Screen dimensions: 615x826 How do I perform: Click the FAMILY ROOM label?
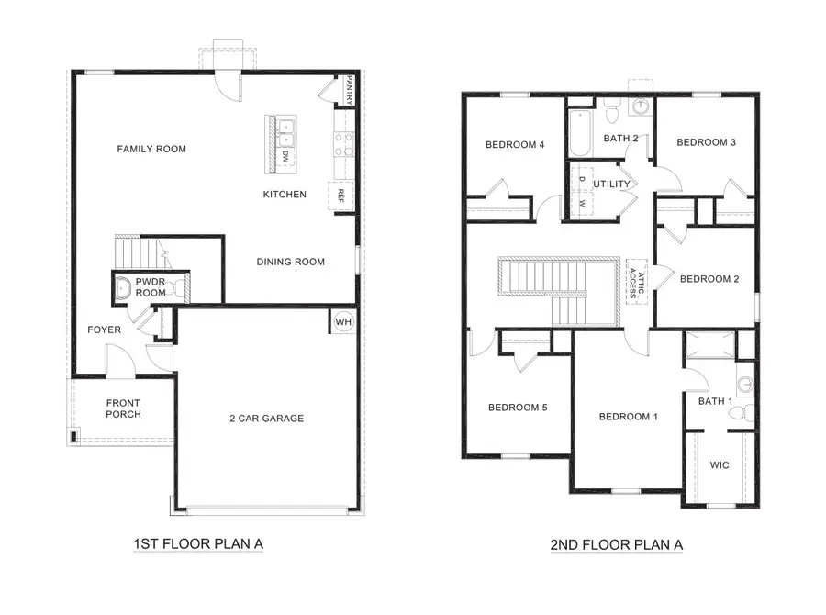151,149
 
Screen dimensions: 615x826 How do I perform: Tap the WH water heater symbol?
342,322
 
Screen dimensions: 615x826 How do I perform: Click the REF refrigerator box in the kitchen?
341,196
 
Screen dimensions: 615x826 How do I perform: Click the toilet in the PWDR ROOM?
121,287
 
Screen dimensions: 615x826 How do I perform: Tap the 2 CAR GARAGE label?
266,419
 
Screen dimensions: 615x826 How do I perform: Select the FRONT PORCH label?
123,408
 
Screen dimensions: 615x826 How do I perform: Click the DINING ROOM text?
290,262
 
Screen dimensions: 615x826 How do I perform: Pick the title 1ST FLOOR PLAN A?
198,544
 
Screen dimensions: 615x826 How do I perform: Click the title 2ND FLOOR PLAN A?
616,545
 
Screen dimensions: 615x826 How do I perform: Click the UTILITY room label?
611,184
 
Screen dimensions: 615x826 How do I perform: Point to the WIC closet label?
720,465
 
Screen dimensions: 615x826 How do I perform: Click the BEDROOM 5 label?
518,408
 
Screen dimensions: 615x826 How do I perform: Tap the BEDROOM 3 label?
707,142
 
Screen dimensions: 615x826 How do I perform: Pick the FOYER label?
104,330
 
